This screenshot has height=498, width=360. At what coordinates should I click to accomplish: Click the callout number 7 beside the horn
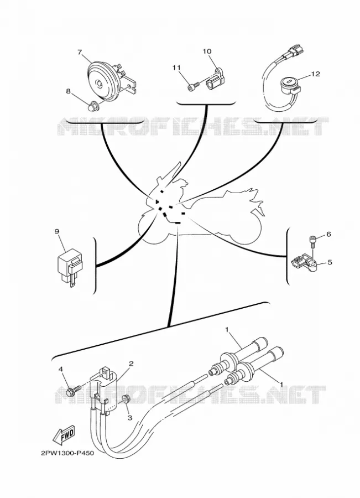click(80, 52)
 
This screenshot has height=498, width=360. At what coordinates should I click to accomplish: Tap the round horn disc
click(102, 82)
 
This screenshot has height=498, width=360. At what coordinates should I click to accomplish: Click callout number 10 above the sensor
click(207, 51)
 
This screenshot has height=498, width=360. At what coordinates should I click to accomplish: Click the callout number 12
click(316, 74)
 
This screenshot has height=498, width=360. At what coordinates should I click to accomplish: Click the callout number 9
click(57, 231)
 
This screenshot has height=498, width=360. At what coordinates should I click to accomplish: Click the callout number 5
click(330, 262)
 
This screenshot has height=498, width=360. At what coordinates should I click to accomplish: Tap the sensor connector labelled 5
click(304, 263)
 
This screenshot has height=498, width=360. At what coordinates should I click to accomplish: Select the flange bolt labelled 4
click(74, 390)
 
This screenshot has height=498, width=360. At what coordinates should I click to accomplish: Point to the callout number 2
click(131, 364)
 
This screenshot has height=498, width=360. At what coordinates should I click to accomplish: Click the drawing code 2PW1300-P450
click(67, 453)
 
